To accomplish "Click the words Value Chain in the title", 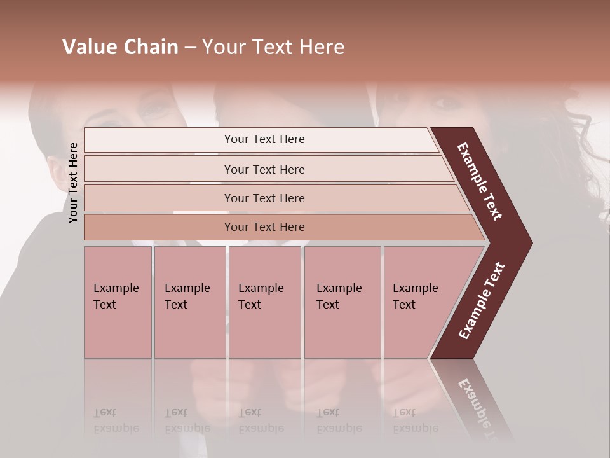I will pyautogui.click(x=120, y=47).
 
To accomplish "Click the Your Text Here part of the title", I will pyautogui.click(x=273, y=47).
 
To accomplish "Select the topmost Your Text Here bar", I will pyautogui.click(x=264, y=139).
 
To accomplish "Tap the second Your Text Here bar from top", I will pyautogui.click(x=264, y=169).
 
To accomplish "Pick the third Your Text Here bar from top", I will pyautogui.click(x=264, y=198).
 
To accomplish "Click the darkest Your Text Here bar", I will pyautogui.click(x=264, y=227).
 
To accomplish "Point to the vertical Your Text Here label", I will pyautogui.click(x=73, y=183).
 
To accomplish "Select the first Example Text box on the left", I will pyautogui.click(x=118, y=302).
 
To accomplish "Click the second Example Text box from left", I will pyautogui.click(x=189, y=302).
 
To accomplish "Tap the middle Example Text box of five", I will pyautogui.click(x=264, y=302).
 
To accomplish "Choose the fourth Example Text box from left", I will pyautogui.click(x=342, y=302).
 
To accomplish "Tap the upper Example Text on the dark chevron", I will pyautogui.click(x=480, y=182).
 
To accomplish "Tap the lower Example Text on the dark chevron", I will pyautogui.click(x=481, y=301).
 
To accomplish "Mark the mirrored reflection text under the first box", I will pyautogui.click(x=116, y=420).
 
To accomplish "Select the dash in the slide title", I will pyautogui.click(x=190, y=48).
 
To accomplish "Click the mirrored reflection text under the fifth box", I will pyautogui.click(x=415, y=420).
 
